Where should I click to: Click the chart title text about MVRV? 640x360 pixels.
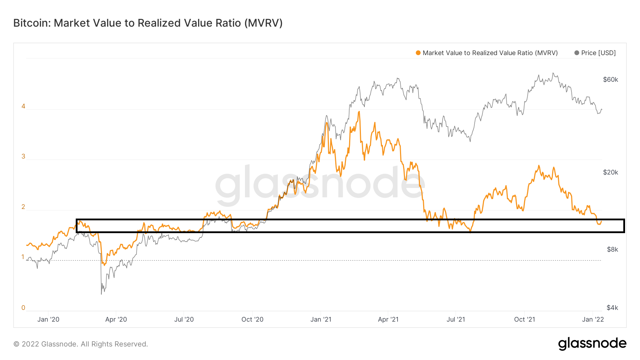(148, 23)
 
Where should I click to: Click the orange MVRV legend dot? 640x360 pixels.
(418, 53)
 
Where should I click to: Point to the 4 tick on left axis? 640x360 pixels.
(23, 106)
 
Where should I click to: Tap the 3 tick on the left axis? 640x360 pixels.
(23, 156)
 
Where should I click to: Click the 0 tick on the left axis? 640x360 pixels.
(23, 308)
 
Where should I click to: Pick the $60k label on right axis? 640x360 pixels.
(610, 80)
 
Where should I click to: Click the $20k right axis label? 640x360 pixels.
(610, 172)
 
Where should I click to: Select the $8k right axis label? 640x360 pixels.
(612, 249)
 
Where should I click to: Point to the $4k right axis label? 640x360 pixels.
(612, 308)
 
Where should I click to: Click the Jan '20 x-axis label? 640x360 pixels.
(48, 319)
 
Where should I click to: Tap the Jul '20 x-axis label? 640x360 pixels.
(184, 319)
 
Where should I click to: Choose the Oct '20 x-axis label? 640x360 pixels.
(252, 319)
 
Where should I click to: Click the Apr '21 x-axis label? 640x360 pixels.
(388, 319)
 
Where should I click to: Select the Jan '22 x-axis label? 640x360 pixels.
(593, 319)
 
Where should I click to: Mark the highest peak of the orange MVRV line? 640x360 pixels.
(359, 112)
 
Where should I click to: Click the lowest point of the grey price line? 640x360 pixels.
(101, 294)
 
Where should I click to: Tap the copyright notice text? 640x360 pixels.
(81, 344)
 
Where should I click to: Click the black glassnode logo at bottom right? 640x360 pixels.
(592, 344)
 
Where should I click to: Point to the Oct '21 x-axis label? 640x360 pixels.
(524, 319)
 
